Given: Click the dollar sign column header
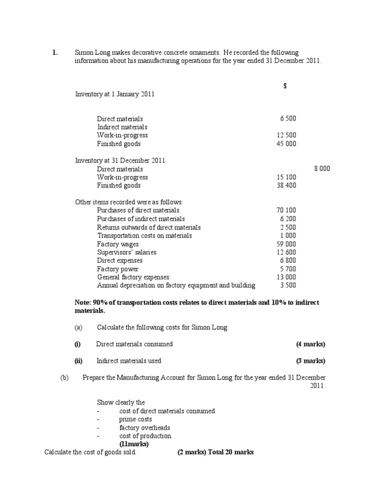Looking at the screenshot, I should coord(285,86).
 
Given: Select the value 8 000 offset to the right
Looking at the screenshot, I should coord(322,169).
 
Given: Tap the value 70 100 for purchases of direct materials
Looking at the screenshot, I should coord(287,210).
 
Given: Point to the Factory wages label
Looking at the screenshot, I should coord(118,244).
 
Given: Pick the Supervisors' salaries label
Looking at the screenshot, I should coord(127,252).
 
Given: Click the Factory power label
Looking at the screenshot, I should coord(118,269).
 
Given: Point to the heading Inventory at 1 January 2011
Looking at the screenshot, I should coord(114,94).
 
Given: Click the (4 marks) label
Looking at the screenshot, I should coord(310,344).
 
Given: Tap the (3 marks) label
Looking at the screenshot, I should coord(310,361).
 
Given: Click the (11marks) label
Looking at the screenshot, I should coord(134,444).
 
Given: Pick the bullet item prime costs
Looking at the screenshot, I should coord(135,420).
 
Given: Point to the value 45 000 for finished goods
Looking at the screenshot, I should coord(287,144).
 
